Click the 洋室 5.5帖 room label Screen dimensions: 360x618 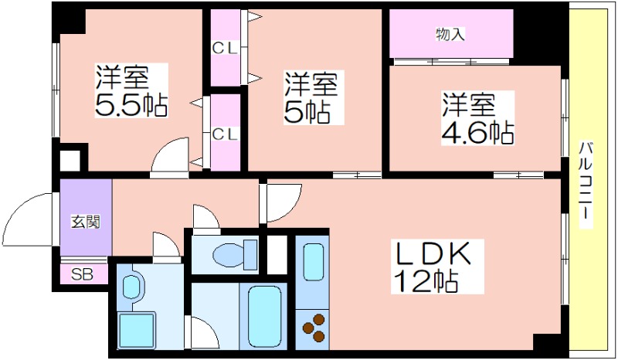132,91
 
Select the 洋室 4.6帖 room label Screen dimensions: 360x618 477,118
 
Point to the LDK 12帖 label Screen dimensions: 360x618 433,267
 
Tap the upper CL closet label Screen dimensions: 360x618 225,48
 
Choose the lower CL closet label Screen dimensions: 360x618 225,133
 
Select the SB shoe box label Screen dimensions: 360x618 80,274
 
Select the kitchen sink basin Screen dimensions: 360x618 312,263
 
